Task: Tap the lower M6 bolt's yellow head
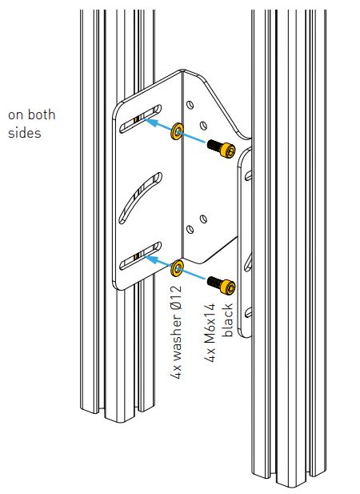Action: coord(227,287)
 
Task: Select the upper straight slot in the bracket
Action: coord(140,118)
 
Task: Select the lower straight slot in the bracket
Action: coord(140,256)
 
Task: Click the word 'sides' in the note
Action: coord(25,132)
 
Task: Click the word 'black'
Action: coord(227,319)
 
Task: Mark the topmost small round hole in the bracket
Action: coord(190,105)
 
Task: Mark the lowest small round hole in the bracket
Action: coord(190,229)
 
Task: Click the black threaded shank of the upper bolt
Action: coord(214,145)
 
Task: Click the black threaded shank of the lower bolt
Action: coord(214,282)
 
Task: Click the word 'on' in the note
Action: coord(14,115)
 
